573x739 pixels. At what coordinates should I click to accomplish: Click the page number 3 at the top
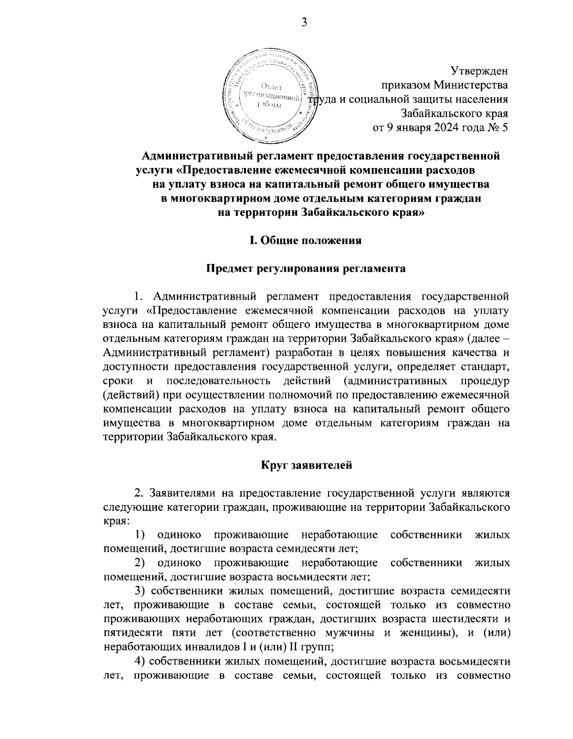304,22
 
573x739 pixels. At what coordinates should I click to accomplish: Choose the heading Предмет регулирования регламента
306,269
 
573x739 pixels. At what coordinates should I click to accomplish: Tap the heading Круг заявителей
306,465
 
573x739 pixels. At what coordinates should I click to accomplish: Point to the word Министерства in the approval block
470,85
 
